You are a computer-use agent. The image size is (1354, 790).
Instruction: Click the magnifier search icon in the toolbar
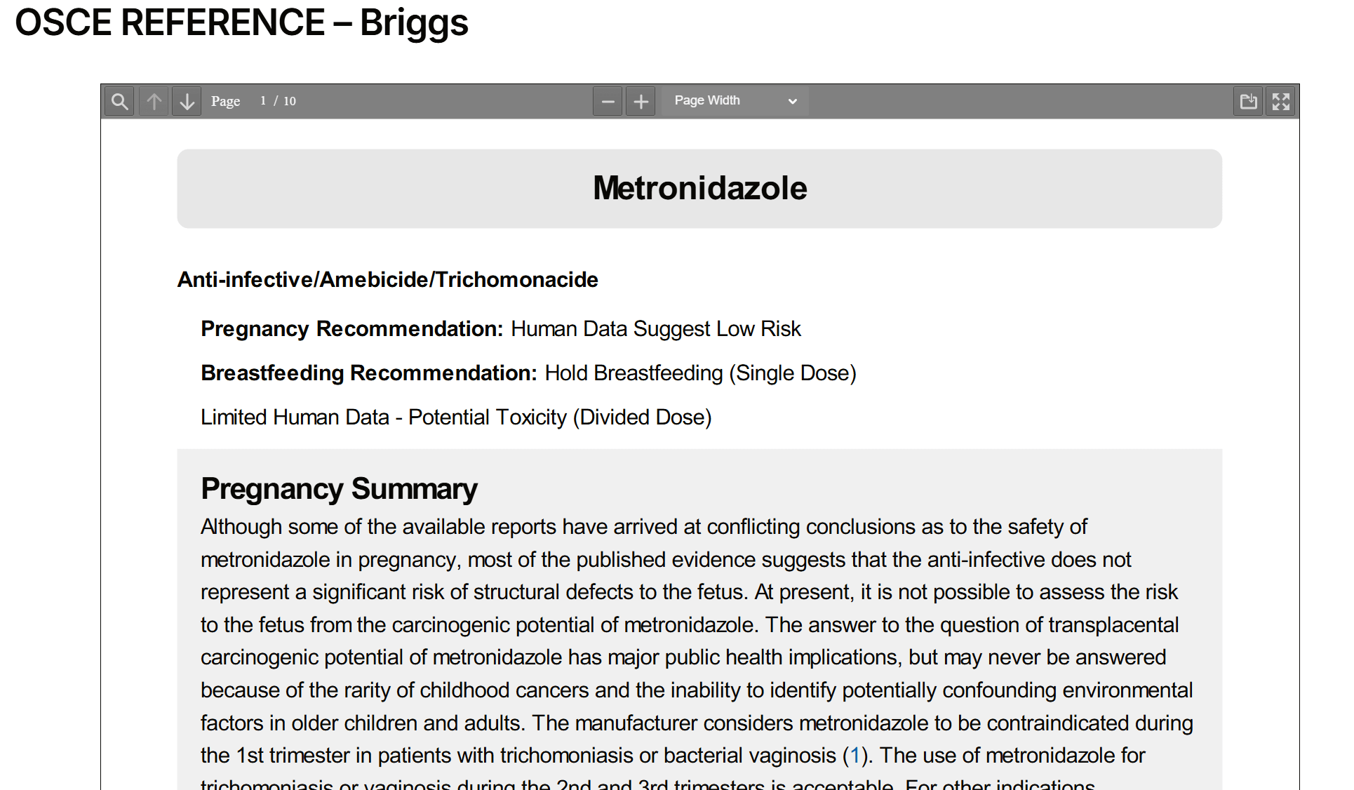click(120, 102)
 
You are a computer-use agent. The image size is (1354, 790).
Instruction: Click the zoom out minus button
click(608, 102)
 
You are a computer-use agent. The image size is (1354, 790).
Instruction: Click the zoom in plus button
click(641, 102)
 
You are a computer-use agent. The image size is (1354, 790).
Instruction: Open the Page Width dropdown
click(735, 101)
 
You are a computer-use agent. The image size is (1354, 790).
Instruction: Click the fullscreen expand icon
click(1281, 102)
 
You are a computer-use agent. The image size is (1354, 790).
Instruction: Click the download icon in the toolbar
click(1248, 102)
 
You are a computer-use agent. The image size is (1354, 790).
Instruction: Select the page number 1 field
click(263, 101)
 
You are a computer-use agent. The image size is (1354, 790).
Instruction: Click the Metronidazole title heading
click(699, 188)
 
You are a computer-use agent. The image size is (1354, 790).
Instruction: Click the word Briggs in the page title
click(414, 23)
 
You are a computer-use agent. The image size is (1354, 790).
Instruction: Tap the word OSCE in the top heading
click(63, 23)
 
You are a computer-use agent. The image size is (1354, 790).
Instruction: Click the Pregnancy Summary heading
click(339, 489)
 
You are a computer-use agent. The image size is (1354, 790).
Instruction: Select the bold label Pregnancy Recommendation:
click(351, 329)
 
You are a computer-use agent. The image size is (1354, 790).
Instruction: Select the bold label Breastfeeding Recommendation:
click(368, 373)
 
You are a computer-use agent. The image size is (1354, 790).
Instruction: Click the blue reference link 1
click(854, 756)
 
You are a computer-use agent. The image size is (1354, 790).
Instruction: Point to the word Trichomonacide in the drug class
click(516, 280)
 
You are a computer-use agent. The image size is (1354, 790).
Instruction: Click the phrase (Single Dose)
click(792, 373)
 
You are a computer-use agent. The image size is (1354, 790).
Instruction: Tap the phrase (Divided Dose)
click(642, 417)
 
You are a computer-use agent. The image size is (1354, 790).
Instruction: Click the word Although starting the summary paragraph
click(241, 527)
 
